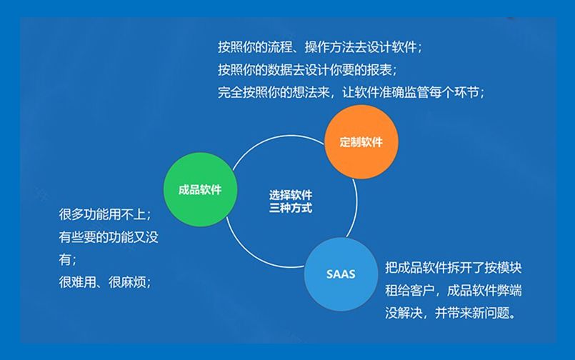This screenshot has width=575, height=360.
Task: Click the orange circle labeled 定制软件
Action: pyautogui.click(x=361, y=141)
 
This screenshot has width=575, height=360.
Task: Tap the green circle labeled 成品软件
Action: pyautogui.click(x=199, y=190)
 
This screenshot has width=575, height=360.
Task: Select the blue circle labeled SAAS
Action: pyautogui.click(x=340, y=274)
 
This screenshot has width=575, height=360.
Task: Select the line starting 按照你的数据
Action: pyautogui.click(x=307, y=70)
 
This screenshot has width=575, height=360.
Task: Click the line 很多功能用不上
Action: pyautogui.click(x=104, y=215)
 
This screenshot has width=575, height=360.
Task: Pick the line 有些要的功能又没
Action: pyautogui.click(x=109, y=237)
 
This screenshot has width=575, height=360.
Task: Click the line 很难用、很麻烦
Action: pyautogui.click(x=104, y=282)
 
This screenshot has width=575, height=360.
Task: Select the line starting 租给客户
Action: pyautogui.click(x=453, y=291)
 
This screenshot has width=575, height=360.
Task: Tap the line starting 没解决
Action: pyautogui.click(x=449, y=313)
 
